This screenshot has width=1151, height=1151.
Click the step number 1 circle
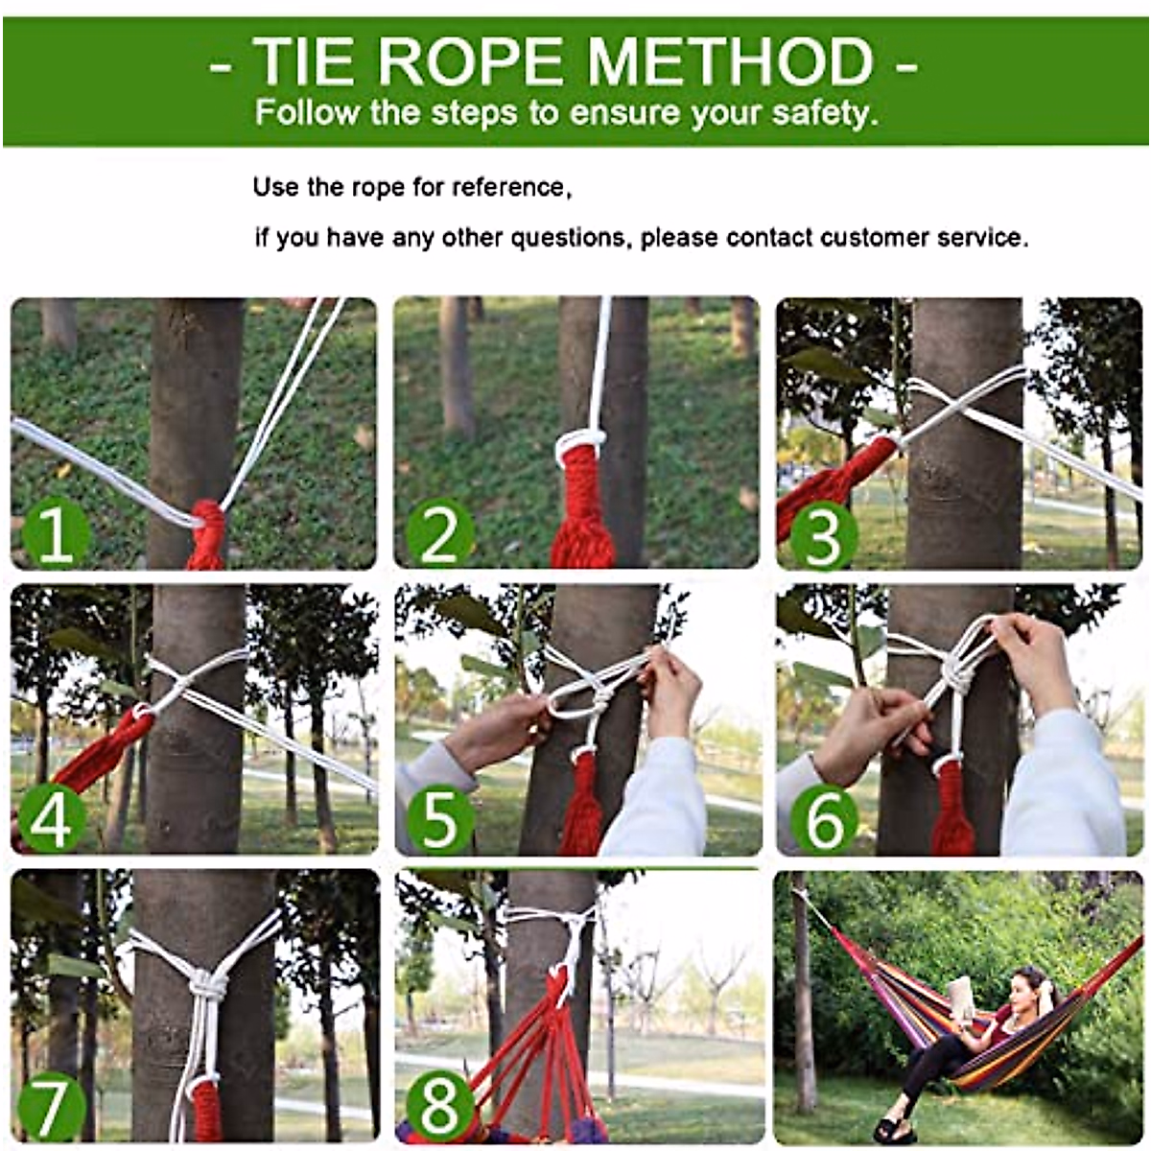tap(55, 533)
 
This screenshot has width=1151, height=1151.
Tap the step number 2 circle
tap(439, 533)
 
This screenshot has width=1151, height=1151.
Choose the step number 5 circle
tap(439, 820)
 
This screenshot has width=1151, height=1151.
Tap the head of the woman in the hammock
tap(1029, 984)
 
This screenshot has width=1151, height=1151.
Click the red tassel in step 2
tap(582, 508)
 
